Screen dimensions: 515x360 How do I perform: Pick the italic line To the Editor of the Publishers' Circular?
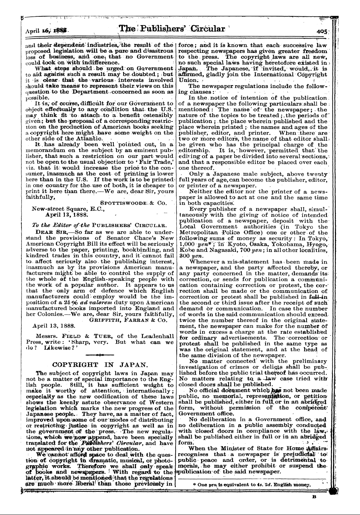coord(95,225)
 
